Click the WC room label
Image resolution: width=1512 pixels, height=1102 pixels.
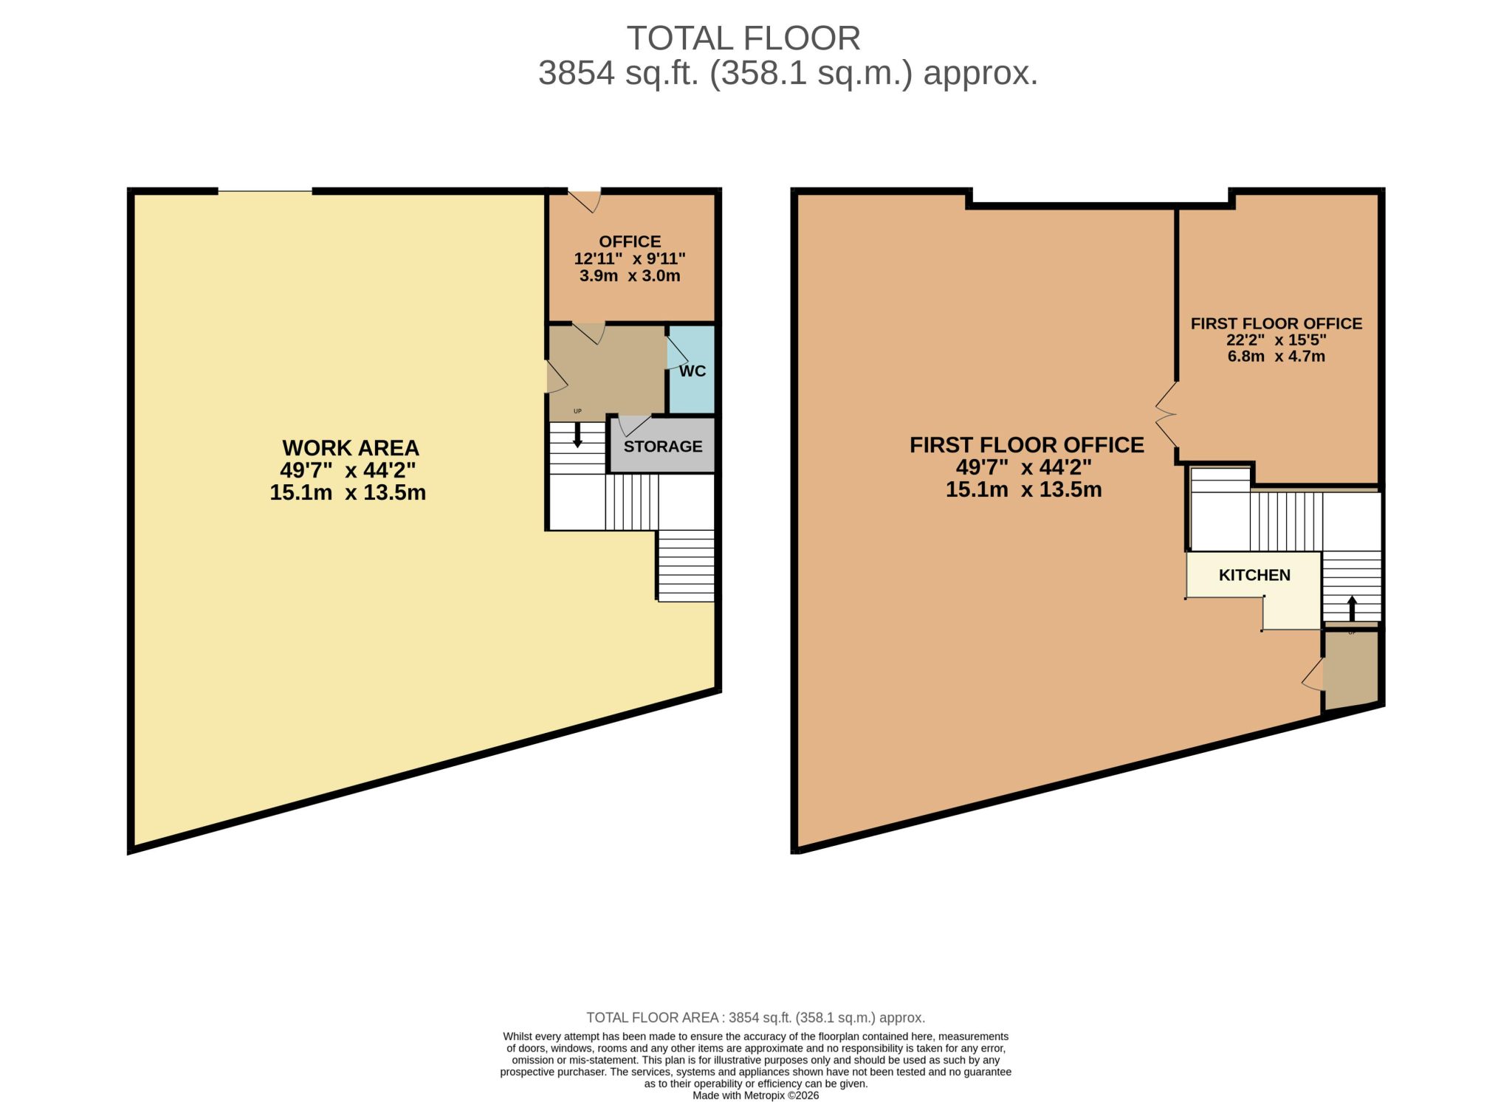tap(692, 371)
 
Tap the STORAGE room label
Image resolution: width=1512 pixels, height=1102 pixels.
tap(663, 447)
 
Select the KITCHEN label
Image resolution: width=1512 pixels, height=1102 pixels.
tap(1254, 575)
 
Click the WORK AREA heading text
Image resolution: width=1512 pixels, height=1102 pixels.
tap(351, 448)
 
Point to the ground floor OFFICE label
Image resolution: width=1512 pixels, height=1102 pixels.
tap(630, 241)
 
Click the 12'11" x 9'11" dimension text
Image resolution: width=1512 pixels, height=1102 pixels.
tap(630, 258)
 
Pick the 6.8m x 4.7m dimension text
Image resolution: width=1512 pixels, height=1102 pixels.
tap(1276, 356)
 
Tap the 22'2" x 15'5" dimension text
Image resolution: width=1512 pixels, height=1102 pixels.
tap(1276, 340)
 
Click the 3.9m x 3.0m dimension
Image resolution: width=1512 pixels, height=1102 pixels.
tap(630, 275)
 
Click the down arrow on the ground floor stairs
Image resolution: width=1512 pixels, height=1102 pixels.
tap(577, 435)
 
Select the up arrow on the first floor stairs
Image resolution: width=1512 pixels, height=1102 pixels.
tap(1352, 608)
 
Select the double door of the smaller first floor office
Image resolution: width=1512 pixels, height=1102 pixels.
tap(1166, 415)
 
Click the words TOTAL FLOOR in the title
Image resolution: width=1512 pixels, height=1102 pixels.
tap(743, 38)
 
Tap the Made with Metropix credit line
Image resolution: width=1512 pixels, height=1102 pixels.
tap(755, 1095)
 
